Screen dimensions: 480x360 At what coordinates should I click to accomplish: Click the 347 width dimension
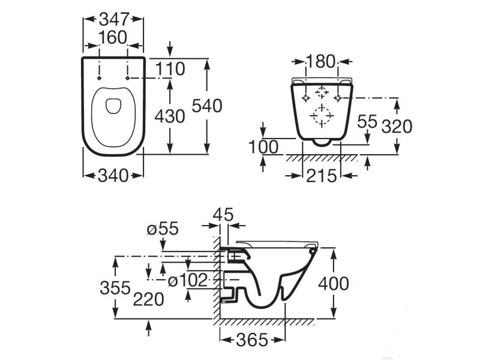point(113,20)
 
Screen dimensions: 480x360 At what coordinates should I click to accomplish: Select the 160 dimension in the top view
point(113,38)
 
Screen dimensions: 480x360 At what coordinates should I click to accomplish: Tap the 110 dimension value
point(170,68)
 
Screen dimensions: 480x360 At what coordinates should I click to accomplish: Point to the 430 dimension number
point(170,116)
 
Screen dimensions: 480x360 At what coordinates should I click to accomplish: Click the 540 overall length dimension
point(207,106)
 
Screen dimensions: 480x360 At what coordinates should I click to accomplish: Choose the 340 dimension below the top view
point(113,176)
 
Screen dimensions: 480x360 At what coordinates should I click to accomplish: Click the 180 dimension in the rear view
point(321,62)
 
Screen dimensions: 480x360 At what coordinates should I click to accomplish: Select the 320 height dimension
point(397,126)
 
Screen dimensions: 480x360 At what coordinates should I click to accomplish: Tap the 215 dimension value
point(322,176)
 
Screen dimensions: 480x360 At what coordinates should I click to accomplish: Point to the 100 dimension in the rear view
point(263,147)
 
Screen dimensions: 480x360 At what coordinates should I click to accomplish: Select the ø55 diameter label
point(163,229)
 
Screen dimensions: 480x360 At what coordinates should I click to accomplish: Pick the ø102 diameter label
point(188,280)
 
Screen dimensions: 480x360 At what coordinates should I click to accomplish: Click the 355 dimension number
point(115,288)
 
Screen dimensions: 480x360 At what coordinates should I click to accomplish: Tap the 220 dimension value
point(148,299)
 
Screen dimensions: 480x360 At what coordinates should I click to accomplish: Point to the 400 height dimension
point(334,283)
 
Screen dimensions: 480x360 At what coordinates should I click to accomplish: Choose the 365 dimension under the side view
point(253,340)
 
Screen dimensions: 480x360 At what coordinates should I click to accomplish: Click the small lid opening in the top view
point(113,106)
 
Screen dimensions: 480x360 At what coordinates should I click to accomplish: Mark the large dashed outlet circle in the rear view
point(322,116)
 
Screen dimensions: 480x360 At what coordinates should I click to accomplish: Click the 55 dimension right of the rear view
point(367,121)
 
